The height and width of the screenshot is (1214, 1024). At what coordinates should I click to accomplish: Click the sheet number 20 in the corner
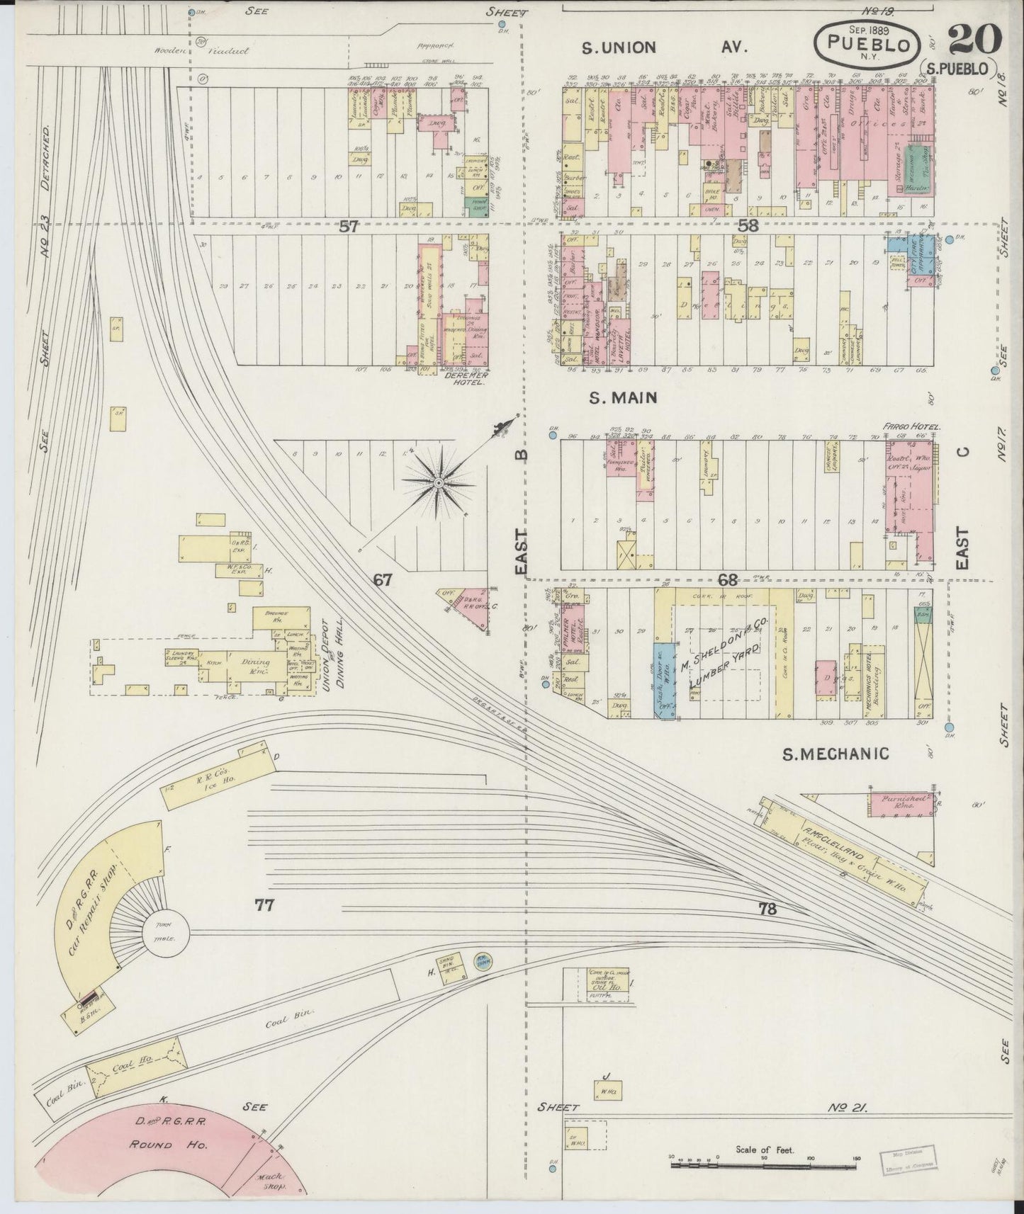974,39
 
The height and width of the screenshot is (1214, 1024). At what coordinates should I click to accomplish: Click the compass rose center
438,482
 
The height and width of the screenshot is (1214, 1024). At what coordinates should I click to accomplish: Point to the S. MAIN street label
623,398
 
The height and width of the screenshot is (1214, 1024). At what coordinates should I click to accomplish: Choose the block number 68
728,579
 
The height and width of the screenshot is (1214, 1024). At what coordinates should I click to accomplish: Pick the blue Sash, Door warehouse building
664,680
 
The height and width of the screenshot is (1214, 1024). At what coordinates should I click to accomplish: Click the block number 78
767,909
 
